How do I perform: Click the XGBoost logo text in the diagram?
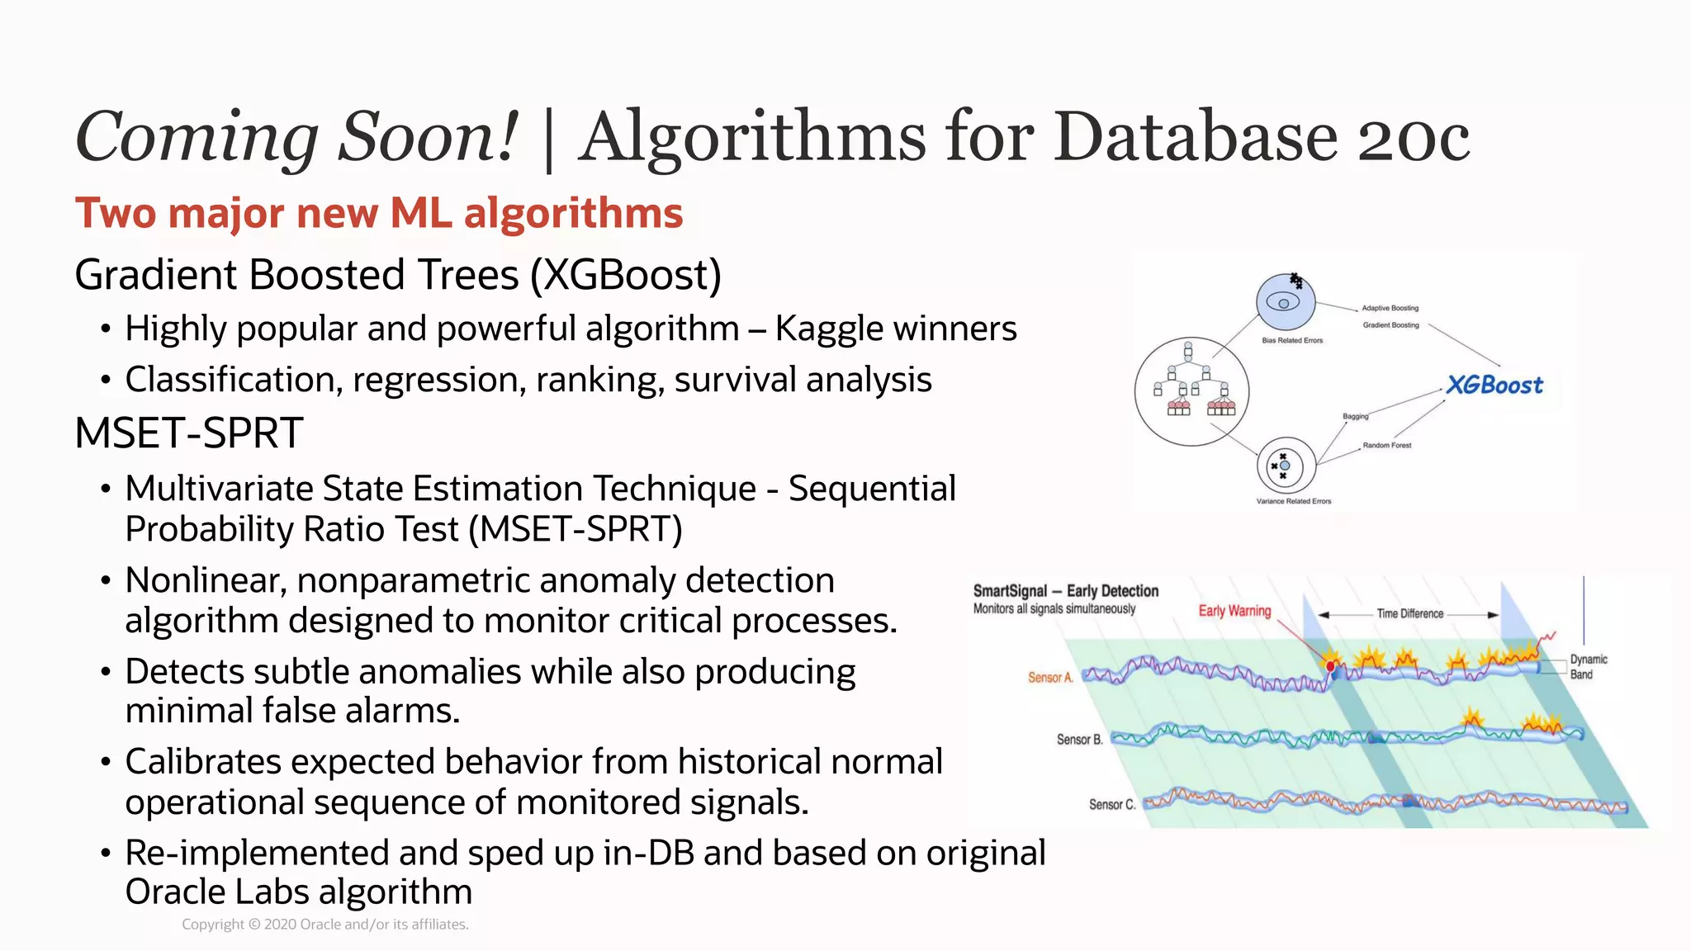[1494, 385]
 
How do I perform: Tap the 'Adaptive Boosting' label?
[1390, 308]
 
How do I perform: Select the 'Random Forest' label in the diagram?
[1386, 445]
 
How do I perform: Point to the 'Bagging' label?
[1355, 416]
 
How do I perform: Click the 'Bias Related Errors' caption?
[1292, 340]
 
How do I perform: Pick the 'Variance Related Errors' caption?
[1293, 501]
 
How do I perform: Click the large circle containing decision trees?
[1191, 391]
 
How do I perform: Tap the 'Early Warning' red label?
[1234, 611]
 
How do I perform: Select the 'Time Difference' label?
[1409, 613]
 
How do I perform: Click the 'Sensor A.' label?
[1050, 678]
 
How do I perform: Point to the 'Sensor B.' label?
[1079, 740]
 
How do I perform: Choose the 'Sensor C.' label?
[1111, 804]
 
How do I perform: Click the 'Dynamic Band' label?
[1588, 666]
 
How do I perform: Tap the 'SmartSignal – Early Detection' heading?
[1065, 591]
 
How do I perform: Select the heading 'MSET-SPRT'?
[189, 433]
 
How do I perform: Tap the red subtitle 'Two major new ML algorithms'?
[379, 213]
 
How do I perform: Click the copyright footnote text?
[325, 925]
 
